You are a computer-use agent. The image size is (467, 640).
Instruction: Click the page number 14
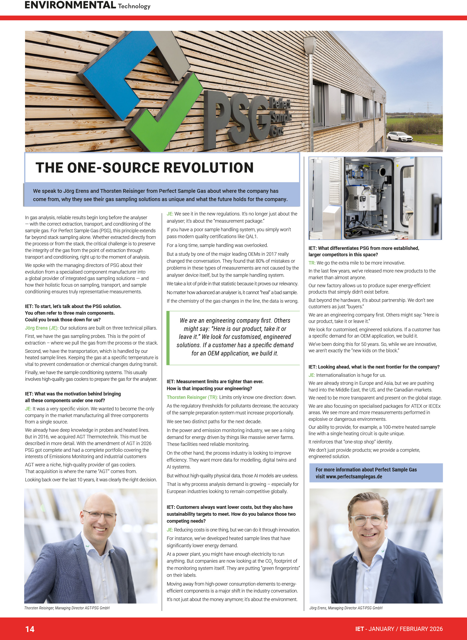pyautogui.click(x=30, y=629)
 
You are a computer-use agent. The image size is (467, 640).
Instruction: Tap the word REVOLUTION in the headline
pyautogui.click(x=208, y=168)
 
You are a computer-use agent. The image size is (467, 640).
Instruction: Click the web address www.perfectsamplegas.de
pyautogui.click(x=354, y=477)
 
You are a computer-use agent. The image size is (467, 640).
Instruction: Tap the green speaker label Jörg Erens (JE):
pyautogui.click(x=42, y=328)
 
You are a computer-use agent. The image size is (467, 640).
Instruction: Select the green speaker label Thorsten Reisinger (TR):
pyautogui.click(x=192, y=397)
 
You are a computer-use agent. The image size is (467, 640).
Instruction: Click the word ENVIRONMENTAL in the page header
pyautogui.click(x=70, y=5)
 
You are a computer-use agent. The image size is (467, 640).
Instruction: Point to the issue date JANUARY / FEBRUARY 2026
pyautogui.click(x=405, y=629)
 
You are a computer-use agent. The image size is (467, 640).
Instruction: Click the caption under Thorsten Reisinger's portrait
pyautogui.click(x=67, y=608)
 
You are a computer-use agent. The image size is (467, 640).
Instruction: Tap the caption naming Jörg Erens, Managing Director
pyautogui.click(x=345, y=608)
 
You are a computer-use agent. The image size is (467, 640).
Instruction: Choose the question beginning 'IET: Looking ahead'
pyautogui.click(x=374, y=367)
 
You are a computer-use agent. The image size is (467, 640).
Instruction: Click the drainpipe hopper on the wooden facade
pyautogui.click(x=310, y=44)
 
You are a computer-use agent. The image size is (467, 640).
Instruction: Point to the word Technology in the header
pyautogui.click(x=134, y=6)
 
